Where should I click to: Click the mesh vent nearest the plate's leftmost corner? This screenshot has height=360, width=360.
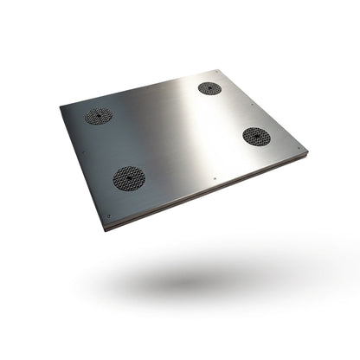coord(98,116)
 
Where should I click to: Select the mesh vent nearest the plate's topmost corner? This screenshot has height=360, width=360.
coord(209,88)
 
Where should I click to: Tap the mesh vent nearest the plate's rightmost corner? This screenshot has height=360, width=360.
coord(256,136)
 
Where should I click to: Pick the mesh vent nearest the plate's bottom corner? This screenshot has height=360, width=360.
coord(129,178)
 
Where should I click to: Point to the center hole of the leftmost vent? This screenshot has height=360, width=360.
coord(98,116)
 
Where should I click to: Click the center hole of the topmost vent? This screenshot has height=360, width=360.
coord(209,88)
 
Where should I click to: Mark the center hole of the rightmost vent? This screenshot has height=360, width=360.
coord(256,136)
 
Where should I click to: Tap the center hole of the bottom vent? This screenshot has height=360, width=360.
coord(129,178)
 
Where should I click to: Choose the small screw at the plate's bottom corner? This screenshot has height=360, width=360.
coord(109,216)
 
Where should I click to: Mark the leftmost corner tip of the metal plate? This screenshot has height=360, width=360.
coord(60,106)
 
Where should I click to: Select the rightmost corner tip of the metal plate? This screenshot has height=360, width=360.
coord(307,153)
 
